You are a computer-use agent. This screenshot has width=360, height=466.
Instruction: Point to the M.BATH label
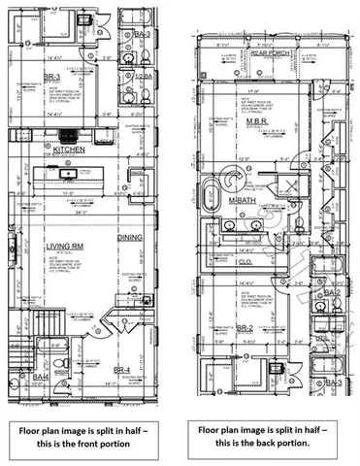241,200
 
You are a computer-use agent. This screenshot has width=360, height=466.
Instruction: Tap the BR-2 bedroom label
245,328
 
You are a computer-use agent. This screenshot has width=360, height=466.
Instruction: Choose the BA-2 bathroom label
332,292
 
